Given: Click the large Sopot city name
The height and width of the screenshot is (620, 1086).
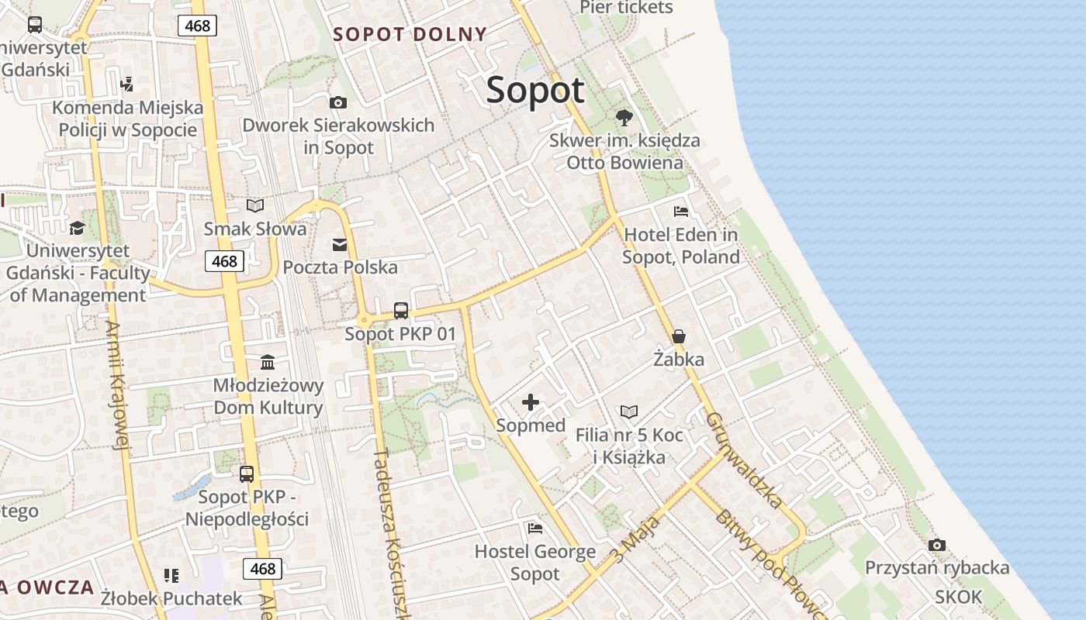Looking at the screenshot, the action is (535, 91).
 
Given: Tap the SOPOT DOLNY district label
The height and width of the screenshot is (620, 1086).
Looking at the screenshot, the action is (410, 34).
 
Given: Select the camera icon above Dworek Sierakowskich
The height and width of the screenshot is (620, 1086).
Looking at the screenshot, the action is (337, 102).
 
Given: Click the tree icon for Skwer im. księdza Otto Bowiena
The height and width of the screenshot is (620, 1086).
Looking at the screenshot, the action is (624, 118).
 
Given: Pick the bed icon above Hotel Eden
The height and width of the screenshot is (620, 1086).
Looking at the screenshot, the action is (680, 211).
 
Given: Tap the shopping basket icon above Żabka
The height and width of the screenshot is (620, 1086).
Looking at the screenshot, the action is (679, 336).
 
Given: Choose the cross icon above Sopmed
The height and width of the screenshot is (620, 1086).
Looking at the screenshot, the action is (531, 401).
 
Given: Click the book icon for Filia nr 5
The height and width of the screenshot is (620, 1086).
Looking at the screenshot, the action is (629, 412).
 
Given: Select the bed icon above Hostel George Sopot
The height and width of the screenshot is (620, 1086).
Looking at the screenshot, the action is (534, 529).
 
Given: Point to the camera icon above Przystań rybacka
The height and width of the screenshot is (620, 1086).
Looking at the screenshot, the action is (936, 545).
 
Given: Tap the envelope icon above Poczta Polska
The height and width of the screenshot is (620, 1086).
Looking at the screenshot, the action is (340, 245).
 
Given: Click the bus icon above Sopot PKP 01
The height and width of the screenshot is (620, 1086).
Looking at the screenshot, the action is (400, 311).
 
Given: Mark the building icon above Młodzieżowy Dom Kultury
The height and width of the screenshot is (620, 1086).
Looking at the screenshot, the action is (268, 362).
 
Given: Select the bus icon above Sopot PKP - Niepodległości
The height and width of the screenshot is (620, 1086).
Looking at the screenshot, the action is (247, 474).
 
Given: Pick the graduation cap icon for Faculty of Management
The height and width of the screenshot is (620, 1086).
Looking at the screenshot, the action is (77, 228).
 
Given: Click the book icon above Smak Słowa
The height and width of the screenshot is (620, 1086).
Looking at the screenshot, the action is (255, 205).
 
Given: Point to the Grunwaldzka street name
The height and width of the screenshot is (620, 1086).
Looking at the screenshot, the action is (744, 460).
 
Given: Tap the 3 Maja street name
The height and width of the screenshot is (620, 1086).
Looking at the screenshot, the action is (635, 540).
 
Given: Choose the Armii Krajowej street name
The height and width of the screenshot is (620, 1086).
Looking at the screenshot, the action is (116, 385).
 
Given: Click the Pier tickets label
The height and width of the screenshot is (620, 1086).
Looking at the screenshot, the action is (626, 8).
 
